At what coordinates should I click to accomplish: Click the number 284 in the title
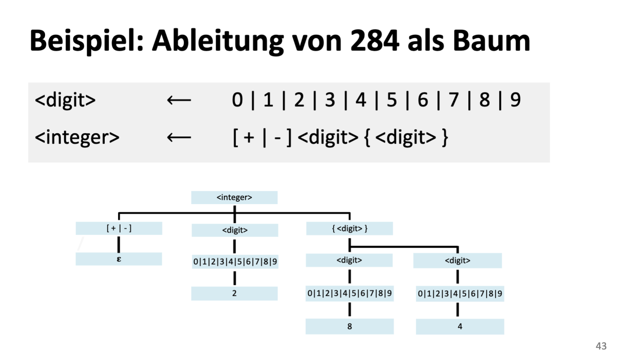374,41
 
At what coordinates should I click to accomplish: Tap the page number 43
601,346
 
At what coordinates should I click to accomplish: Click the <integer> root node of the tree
234,198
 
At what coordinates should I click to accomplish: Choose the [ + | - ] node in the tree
119,228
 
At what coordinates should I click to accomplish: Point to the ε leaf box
119,259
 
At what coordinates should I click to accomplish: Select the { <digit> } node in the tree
350,229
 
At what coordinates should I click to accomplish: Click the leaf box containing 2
234,293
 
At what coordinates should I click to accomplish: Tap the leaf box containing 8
350,326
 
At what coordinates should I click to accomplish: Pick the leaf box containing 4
460,326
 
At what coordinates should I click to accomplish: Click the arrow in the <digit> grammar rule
179,100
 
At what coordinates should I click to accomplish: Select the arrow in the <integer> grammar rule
179,138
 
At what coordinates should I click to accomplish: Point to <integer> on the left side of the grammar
77,138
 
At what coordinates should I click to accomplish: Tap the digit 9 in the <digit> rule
515,100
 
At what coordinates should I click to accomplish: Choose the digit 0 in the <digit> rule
237,100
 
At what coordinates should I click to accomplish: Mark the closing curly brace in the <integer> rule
445,138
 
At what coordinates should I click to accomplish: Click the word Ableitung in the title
217,41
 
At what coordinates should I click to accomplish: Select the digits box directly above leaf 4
460,293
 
